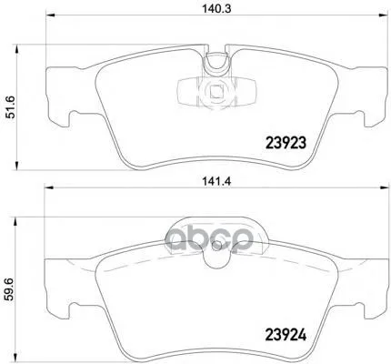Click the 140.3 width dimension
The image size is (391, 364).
[216, 8]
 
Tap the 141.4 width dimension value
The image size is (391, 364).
[216, 181]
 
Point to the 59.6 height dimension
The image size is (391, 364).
[10, 290]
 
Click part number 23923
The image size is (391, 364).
[286, 143]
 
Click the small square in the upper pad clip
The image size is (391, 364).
[216, 92]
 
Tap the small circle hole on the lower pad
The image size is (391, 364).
[217, 246]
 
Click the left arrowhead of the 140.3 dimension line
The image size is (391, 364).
[50, 15]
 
